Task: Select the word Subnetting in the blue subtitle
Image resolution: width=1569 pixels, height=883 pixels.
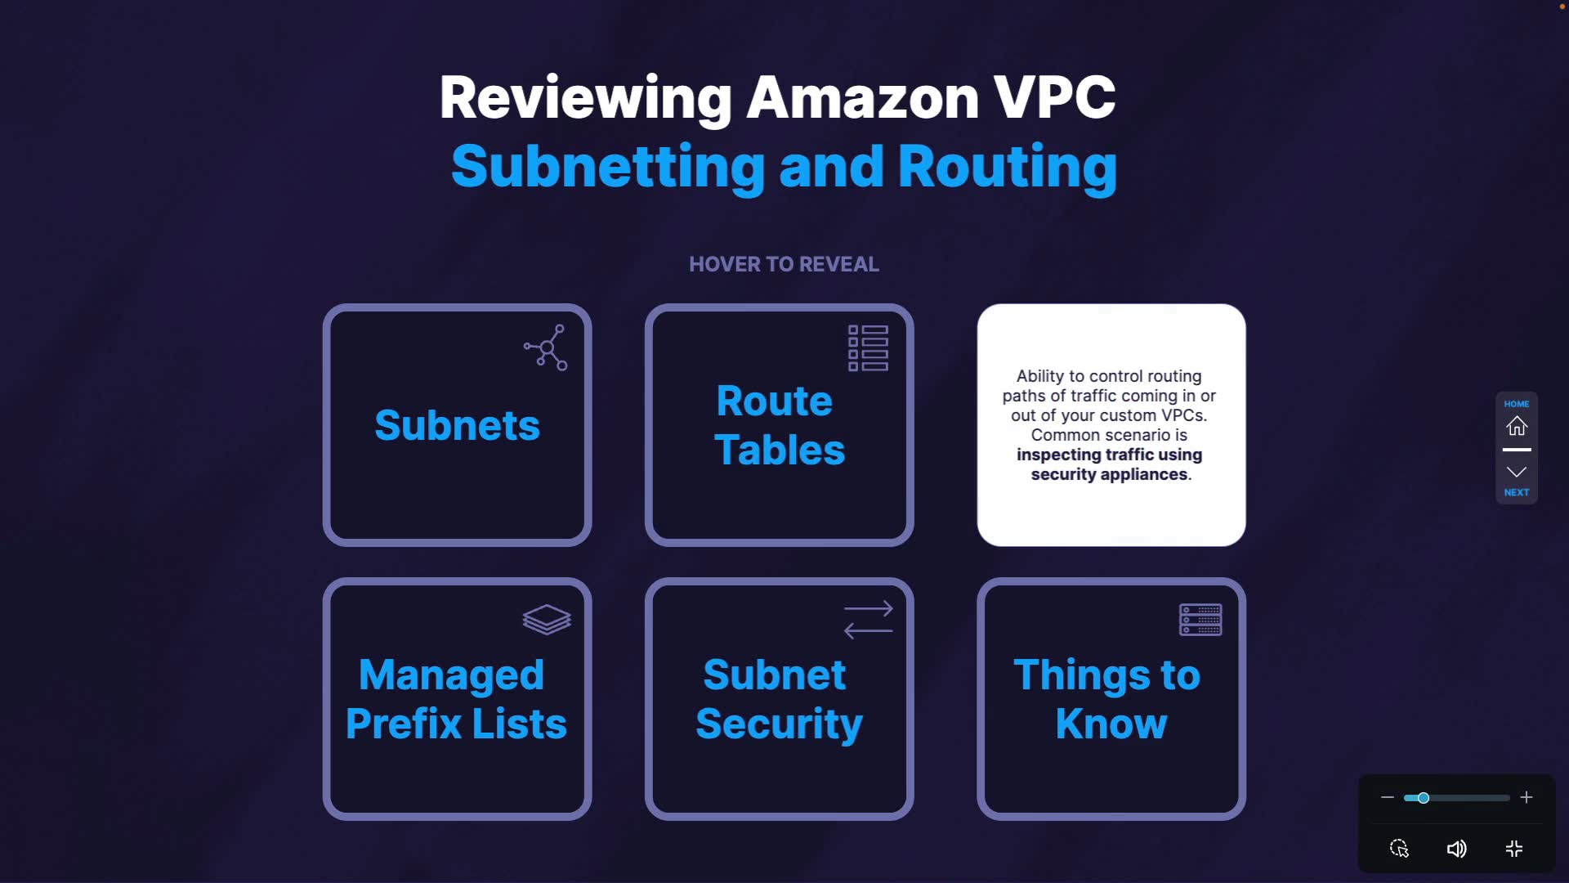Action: coord(608,167)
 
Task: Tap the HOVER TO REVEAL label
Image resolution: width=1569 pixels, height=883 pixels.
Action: coord(784,264)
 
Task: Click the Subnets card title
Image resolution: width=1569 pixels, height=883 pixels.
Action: coord(457,425)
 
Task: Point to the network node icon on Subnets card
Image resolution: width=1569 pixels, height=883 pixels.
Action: coord(546,347)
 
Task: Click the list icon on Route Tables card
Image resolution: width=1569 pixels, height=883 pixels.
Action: coord(868,348)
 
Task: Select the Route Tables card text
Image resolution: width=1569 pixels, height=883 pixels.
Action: coord(779,425)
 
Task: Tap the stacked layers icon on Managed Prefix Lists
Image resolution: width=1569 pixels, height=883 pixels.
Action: coord(547,620)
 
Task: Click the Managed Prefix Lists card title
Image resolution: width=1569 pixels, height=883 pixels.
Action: coord(456,699)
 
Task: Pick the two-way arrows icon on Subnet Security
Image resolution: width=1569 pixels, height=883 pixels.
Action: coord(868,620)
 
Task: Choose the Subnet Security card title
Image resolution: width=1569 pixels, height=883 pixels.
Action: coord(779,699)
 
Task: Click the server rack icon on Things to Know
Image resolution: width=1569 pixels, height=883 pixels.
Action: coord(1200,620)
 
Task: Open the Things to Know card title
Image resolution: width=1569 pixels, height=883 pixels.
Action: coord(1107,699)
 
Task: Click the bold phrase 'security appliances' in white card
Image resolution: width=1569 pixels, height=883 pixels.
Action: coord(1109,474)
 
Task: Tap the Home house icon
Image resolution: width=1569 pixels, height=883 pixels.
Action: coord(1517,426)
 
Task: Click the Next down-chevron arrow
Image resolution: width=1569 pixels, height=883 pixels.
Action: coord(1517,472)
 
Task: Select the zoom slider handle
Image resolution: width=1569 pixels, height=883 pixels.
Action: coord(1424,798)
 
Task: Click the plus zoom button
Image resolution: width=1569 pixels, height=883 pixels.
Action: coord(1527,797)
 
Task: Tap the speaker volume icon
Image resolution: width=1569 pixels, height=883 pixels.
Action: coord(1456,849)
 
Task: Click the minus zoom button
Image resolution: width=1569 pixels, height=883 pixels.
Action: coord(1388,797)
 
